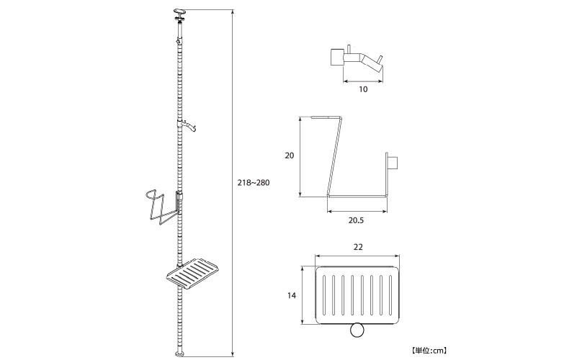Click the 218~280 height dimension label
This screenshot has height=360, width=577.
[x=253, y=182]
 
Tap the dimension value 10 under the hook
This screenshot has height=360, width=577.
[x=363, y=89]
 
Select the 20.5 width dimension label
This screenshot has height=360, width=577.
[x=356, y=220]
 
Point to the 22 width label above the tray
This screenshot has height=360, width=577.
[x=358, y=247]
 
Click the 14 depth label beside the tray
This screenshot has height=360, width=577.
[x=292, y=295]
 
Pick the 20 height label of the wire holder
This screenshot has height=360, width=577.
[x=290, y=156]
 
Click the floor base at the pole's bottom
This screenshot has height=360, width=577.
[x=180, y=354]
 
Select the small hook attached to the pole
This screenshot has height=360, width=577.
[x=189, y=125]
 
